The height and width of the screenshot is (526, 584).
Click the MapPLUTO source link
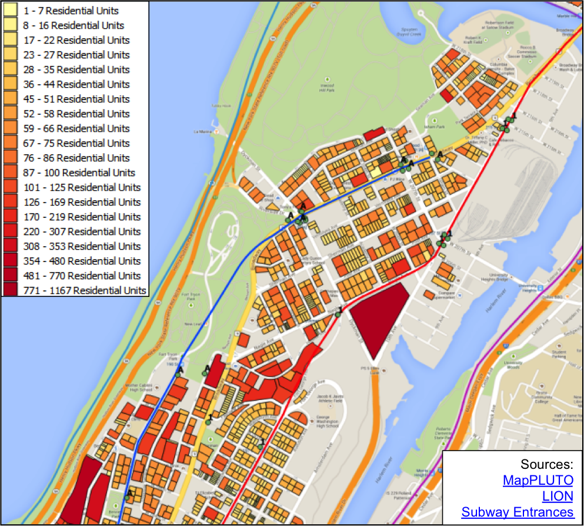point(538,480)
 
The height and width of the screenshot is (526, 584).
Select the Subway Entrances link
point(517,512)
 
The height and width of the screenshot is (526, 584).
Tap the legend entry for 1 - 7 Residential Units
point(71,11)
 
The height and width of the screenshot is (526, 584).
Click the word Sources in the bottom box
point(546,464)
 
